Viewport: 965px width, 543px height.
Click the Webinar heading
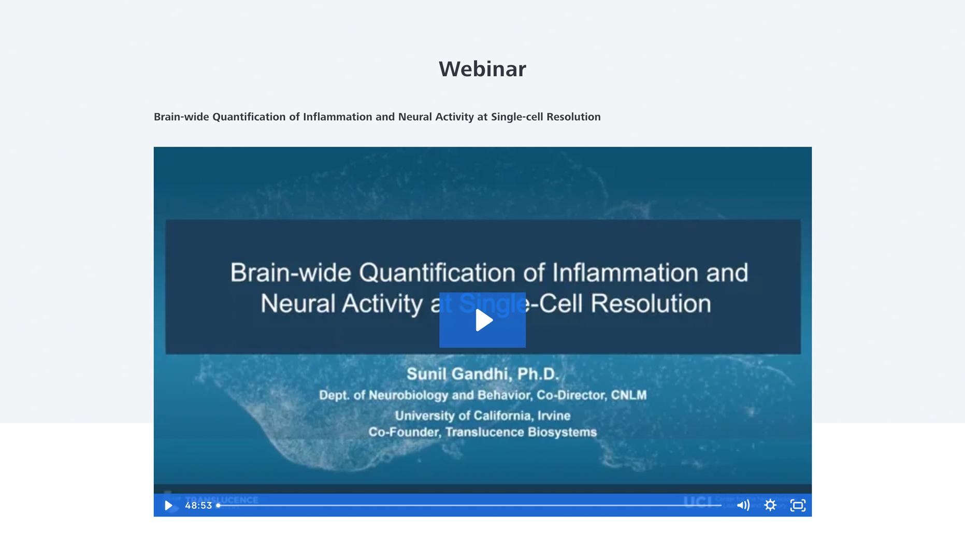[482, 69]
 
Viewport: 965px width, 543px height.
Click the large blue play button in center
[482, 320]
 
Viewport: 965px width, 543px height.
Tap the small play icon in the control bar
[168, 505]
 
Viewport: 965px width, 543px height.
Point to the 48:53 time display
[198, 505]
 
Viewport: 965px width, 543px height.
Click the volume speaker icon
[743, 505]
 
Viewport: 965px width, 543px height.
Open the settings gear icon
[770, 505]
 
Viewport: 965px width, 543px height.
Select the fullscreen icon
[798, 505]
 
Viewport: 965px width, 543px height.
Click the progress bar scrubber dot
[219, 505]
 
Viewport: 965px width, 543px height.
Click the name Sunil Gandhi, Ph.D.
[482, 374]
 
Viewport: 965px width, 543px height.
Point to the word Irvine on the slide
[552, 416]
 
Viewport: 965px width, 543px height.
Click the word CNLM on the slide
[628, 395]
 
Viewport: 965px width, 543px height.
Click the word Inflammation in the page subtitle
[337, 117]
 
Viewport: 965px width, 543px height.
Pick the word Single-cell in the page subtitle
[517, 117]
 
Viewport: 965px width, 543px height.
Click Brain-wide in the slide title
[291, 273]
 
